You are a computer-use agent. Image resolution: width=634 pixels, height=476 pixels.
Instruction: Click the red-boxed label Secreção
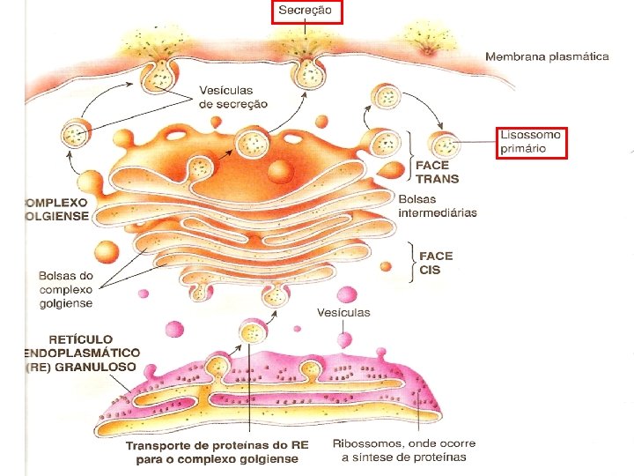coord(306,11)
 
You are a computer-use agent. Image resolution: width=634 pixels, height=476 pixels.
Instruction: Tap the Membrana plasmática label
coord(546,56)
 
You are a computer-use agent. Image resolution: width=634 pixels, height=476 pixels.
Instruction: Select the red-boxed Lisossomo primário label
coord(530,142)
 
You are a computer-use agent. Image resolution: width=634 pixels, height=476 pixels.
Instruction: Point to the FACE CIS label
coord(437,263)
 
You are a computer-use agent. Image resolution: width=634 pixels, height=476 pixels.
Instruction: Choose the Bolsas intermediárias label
coord(438,205)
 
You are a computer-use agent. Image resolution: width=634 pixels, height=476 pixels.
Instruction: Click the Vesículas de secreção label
coord(233,96)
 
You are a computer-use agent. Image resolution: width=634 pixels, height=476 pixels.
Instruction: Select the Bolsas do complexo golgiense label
coord(65,290)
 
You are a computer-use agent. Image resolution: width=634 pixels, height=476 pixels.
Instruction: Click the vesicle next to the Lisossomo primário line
coord(442,145)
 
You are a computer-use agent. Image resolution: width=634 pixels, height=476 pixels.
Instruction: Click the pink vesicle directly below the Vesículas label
coord(345,339)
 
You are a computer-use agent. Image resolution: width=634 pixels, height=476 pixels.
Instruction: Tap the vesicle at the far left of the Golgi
coord(76,135)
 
